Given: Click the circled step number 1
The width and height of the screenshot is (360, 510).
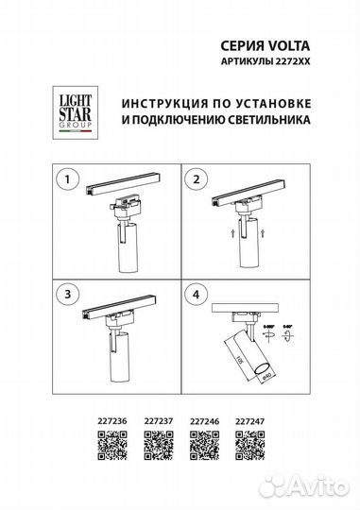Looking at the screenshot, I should pyautogui.click(x=65, y=178).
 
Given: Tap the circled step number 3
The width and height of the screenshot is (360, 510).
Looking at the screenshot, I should pyautogui.click(x=65, y=296).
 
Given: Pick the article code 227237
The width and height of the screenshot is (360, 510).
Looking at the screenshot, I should pyautogui.click(x=160, y=424).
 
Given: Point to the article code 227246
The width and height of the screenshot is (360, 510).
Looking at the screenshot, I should pyautogui.click(x=206, y=424).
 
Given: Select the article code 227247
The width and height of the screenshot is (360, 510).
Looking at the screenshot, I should pyautogui.click(x=249, y=424).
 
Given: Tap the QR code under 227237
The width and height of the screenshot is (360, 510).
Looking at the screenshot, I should pyautogui.click(x=159, y=445).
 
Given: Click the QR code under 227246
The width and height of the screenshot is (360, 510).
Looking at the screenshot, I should pyautogui.click(x=205, y=445).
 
